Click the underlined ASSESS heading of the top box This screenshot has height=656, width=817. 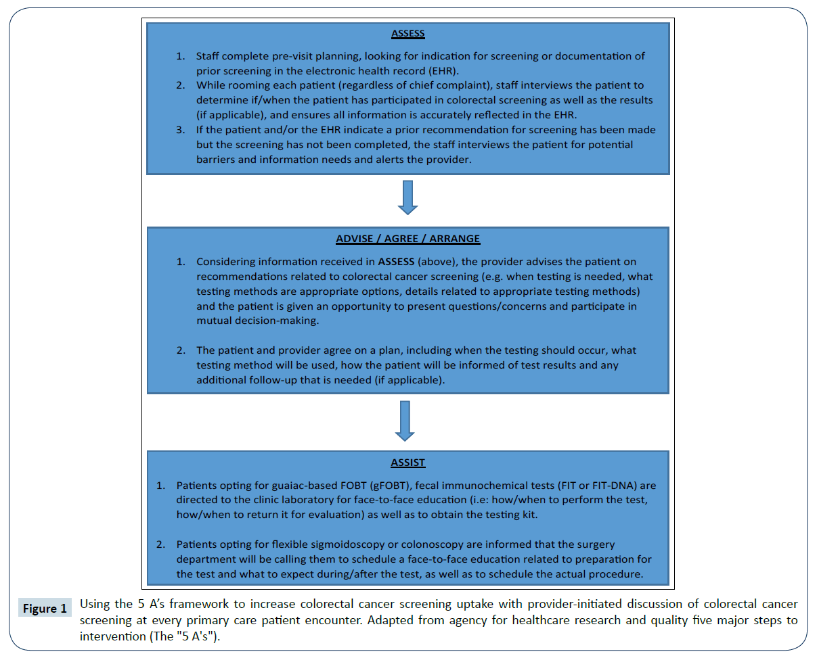[x=407, y=32]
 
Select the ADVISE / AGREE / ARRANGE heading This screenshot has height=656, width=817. [x=407, y=239]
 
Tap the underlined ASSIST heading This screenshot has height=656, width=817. [x=407, y=463]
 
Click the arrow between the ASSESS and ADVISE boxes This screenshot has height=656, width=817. [x=407, y=197]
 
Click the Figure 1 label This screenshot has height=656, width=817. [x=43, y=609]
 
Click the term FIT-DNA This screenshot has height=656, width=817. [x=622, y=486]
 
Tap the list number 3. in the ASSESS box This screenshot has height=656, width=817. [x=181, y=130]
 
